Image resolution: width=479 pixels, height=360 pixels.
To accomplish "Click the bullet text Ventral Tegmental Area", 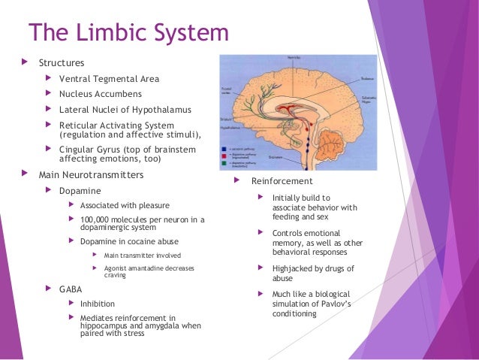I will pos(109,79).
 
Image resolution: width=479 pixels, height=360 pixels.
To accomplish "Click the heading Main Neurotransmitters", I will pos(91,175).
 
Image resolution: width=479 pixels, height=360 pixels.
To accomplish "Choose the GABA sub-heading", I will pos(71,289).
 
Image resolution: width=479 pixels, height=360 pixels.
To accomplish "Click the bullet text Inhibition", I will pos(98,304).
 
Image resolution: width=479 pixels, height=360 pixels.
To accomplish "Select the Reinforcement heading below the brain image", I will pos(282,181).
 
